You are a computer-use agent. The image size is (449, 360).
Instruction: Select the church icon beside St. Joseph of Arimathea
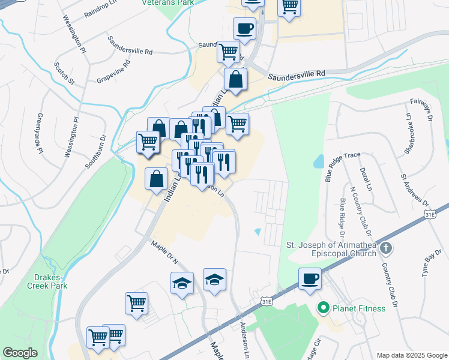(385, 247)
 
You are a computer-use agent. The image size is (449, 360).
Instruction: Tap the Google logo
(20, 353)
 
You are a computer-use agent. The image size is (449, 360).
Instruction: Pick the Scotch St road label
(64, 72)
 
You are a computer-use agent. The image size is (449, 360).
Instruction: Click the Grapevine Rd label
(113, 71)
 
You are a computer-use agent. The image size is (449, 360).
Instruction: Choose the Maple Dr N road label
(165, 253)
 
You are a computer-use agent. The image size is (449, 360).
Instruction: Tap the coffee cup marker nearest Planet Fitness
(310, 279)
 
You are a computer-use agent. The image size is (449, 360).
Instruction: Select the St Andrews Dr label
(415, 190)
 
